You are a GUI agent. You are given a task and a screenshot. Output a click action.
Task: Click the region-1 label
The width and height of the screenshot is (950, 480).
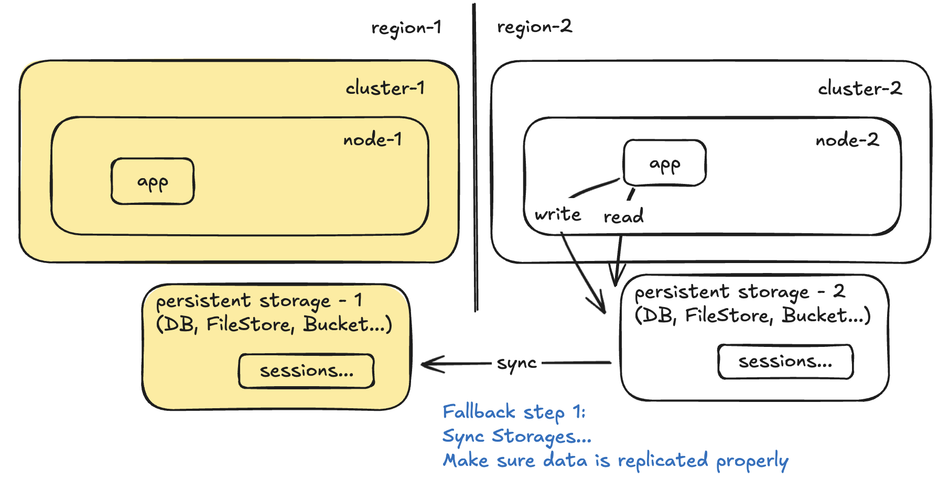pyautogui.click(x=406, y=28)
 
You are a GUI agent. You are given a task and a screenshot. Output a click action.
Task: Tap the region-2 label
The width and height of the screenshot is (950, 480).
pyautogui.click(x=534, y=27)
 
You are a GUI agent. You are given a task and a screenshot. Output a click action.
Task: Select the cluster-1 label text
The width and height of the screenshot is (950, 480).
pyautogui.click(x=385, y=88)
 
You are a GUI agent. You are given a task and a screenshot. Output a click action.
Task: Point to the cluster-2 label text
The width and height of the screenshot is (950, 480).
pyautogui.click(x=860, y=89)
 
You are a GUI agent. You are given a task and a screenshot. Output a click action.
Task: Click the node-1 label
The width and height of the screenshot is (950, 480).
pyautogui.click(x=372, y=140)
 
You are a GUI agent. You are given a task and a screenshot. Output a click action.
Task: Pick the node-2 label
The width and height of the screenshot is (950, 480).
pyautogui.click(x=847, y=140)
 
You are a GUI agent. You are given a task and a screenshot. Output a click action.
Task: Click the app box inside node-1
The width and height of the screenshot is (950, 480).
pyautogui.click(x=153, y=181)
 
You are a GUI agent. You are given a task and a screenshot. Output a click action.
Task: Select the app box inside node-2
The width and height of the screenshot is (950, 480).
pyautogui.click(x=664, y=163)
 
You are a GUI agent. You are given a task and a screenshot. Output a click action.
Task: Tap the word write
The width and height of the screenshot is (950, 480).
pyautogui.click(x=558, y=214)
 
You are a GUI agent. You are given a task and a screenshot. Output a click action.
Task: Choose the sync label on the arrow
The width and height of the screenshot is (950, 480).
pyautogui.click(x=516, y=363)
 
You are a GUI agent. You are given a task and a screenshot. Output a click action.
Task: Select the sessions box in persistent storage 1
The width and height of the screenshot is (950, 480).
pyautogui.click(x=306, y=371)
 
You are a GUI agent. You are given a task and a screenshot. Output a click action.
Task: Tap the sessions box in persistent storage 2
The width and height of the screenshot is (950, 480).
pyautogui.click(x=785, y=362)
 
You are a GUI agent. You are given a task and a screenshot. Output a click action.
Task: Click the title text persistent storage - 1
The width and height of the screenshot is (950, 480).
pyautogui.click(x=259, y=301)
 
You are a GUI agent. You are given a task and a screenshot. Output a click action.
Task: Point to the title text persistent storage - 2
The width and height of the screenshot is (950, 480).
pyautogui.click(x=739, y=291)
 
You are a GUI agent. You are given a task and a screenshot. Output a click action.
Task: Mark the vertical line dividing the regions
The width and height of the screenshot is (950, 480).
pyautogui.click(x=475, y=157)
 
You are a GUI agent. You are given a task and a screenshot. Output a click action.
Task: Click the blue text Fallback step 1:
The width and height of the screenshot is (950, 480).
pyautogui.click(x=514, y=412)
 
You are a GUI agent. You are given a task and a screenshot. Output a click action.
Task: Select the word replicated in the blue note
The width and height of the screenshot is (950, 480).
pyautogui.click(x=663, y=461)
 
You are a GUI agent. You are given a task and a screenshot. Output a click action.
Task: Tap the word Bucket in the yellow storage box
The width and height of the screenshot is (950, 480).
pyautogui.click(x=336, y=324)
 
